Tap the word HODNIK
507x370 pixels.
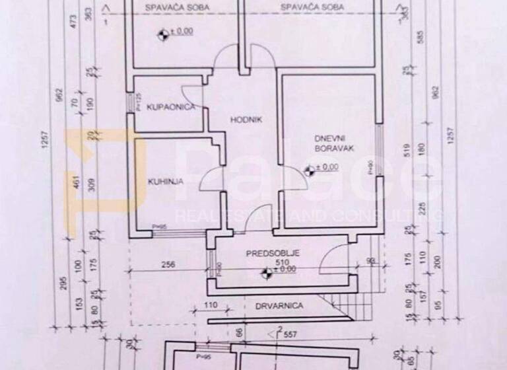coord(246,120)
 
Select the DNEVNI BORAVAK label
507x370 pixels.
coord(334,143)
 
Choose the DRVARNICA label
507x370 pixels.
coord(279,306)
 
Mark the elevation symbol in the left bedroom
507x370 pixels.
coord(161,31)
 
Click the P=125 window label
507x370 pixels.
coord(139,103)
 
